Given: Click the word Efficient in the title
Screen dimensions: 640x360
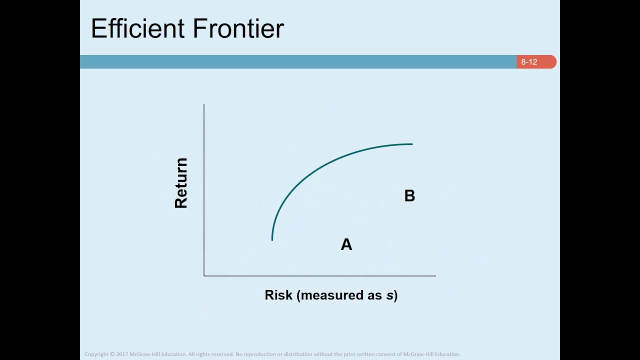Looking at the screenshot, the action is pyautogui.click(x=137, y=28).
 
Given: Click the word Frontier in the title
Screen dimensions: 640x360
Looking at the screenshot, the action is pyautogui.click(x=238, y=28).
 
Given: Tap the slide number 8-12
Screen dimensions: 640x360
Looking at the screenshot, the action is pyautogui.click(x=529, y=62).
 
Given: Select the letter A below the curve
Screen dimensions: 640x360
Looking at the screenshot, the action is pyautogui.click(x=346, y=244).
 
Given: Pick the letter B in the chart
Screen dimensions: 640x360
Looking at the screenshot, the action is pyautogui.click(x=409, y=195).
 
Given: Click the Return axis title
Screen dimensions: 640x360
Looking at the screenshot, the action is pyautogui.click(x=181, y=183).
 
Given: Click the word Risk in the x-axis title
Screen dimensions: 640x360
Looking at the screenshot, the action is pyautogui.click(x=278, y=295).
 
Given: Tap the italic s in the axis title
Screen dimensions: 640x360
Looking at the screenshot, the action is pyautogui.click(x=389, y=296).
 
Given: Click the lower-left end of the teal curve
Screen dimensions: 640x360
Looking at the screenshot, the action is pyautogui.click(x=272, y=240).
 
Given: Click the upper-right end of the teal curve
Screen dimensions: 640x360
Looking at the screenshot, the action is pyautogui.click(x=412, y=144).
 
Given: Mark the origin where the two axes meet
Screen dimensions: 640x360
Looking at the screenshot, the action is pyautogui.click(x=204, y=275).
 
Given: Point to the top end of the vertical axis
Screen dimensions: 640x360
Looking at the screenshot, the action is pyautogui.click(x=204, y=104).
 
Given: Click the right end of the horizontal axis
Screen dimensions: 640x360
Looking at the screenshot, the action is pyautogui.click(x=435, y=275).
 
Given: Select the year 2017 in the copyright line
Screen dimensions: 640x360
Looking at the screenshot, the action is pyautogui.click(x=122, y=354).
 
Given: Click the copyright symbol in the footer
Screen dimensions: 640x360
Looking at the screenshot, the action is pyautogui.click(x=112, y=354).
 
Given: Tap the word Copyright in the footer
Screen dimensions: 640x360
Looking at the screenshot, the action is pyautogui.click(x=96, y=354).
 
